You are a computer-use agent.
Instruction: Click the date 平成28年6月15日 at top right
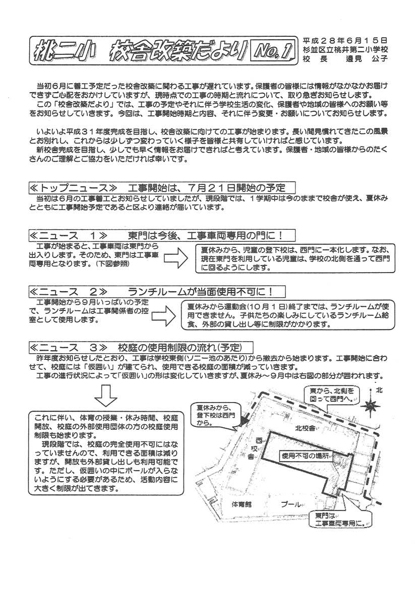click(346, 39)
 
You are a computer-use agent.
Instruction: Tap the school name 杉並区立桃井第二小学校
click(346, 48)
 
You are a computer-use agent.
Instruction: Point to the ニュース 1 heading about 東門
click(161, 235)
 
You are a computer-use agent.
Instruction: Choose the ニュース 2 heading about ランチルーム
click(157, 291)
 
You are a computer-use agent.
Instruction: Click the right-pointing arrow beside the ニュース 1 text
click(176, 258)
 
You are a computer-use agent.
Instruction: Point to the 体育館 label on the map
click(242, 504)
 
